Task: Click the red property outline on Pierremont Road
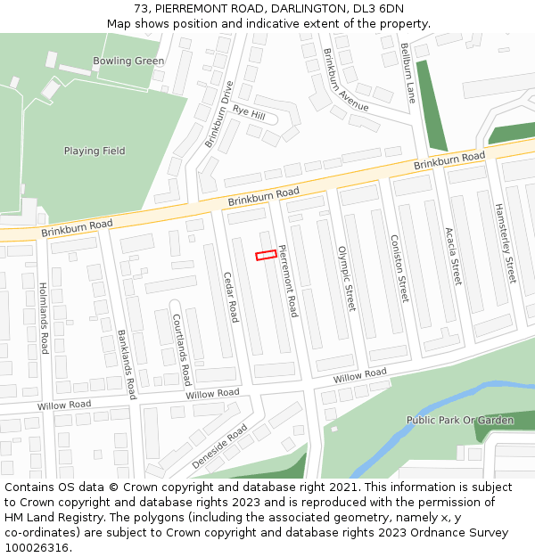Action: (x=265, y=256)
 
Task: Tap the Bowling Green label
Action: (x=128, y=61)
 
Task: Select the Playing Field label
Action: (x=95, y=152)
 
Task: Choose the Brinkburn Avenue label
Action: (x=346, y=79)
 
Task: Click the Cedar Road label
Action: (x=231, y=297)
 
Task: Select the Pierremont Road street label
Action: (x=288, y=281)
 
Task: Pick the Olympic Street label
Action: (x=345, y=279)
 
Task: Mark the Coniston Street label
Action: (x=399, y=268)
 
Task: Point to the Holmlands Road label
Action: (x=43, y=318)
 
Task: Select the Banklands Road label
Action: (x=127, y=364)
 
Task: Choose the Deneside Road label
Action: (x=219, y=446)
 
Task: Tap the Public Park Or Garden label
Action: (x=460, y=420)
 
